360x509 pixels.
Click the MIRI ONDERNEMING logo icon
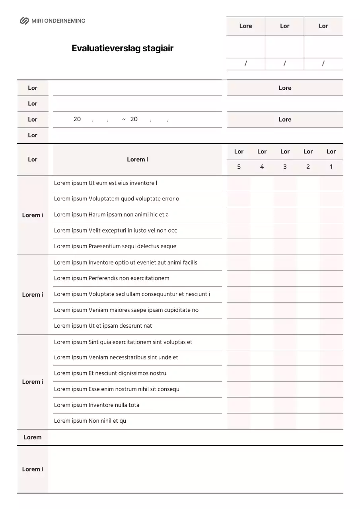tap(24, 21)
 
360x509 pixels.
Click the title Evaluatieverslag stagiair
tap(123, 49)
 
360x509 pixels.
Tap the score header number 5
tap(239, 167)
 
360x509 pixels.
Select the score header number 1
tap(331, 167)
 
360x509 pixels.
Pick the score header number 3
tap(285, 167)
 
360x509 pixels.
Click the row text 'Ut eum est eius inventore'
tap(105, 183)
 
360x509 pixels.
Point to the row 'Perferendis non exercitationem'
tap(111, 278)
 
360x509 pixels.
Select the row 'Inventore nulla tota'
tap(97, 405)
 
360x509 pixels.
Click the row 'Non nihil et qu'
tap(90, 421)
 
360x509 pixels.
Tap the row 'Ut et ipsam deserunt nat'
tap(103, 326)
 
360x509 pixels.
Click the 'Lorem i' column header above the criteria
tap(137, 159)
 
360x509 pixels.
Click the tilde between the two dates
tap(124, 119)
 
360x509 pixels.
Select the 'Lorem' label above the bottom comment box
tap(32, 437)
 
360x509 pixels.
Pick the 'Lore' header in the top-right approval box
tap(245, 26)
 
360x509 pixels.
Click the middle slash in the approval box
tap(284, 63)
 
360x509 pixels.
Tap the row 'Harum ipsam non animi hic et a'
tap(111, 215)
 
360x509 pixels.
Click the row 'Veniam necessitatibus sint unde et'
tap(116, 357)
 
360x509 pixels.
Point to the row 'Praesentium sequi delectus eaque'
tap(115, 247)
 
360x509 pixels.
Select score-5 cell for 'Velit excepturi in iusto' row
tap(239, 231)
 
